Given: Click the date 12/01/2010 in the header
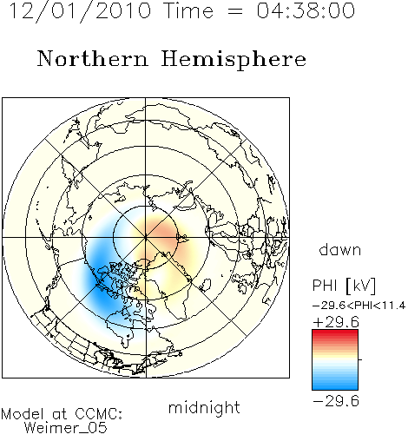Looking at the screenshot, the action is tap(80, 11).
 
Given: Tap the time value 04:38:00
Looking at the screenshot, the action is tap(306, 10).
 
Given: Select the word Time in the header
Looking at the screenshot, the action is tap(188, 10).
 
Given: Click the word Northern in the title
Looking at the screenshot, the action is tap(93, 58).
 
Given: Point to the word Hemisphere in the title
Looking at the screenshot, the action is tap(234, 60).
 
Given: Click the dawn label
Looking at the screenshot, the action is tap(340, 249).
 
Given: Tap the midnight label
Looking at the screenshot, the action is tap(204, 407).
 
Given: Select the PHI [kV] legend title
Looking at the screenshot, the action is tap(344, 286).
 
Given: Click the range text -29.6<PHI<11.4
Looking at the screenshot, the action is tap(359, 306).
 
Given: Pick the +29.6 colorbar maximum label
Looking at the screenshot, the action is tap(336, 322).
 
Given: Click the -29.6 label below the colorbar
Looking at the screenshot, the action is tap(336, 401).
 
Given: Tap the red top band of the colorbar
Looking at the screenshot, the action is tap(335, 332).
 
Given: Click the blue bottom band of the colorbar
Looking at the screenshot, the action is tap(335, 386).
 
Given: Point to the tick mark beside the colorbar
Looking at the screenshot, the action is tap(360, 359).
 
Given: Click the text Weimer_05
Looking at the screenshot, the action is tap(66, 427).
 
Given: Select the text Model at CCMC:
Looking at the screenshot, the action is tap(62, 413).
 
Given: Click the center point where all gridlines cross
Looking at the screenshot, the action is tap(146, 237).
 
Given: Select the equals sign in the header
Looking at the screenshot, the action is tap(235, 11).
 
